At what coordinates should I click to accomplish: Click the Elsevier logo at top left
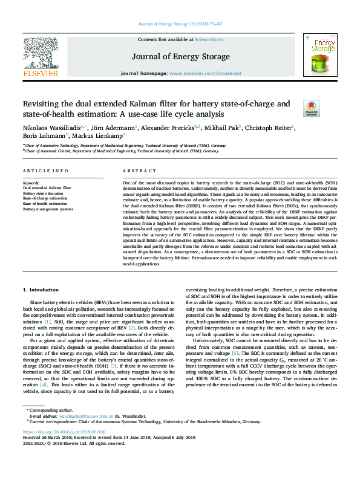tap(41, 57)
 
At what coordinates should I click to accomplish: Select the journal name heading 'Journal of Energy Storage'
tap(180, 56)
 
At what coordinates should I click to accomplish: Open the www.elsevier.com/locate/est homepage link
tap(204, 73)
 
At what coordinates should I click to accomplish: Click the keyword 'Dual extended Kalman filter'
tap(47, 189)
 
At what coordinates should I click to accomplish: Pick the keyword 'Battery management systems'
tap(48, 209)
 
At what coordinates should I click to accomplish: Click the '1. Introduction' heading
tap(41, 291)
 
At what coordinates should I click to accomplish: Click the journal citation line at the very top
tap(180, 25)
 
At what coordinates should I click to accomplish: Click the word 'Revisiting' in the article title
tap(44, 103)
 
